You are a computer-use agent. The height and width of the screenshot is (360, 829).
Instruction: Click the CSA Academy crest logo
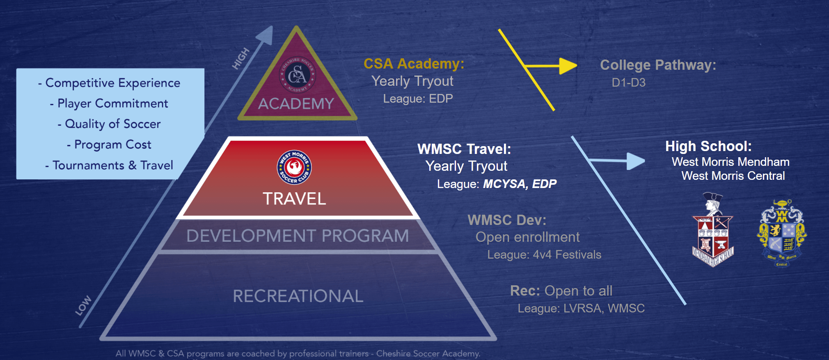[297, 75]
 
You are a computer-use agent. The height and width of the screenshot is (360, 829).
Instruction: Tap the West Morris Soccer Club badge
[294, 167]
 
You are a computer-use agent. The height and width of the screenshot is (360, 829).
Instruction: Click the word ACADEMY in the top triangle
[296, 103]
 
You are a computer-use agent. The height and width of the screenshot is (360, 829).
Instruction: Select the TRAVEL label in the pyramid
[294, 199]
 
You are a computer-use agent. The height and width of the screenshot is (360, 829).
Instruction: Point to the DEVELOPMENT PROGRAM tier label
[298, 236]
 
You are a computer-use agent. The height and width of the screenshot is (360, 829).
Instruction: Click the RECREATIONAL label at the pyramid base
[298, 296]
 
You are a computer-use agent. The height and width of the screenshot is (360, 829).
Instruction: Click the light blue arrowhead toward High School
[636, 161]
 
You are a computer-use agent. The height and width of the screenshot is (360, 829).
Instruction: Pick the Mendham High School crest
[713, 229]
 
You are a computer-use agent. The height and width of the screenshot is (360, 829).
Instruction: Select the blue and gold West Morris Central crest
[782, 233]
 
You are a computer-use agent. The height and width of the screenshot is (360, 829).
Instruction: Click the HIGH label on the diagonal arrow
[240, 58]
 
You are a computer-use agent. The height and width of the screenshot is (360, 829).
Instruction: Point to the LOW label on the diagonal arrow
[83, 305]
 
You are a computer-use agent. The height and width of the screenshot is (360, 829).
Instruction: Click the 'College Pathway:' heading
[658, 65]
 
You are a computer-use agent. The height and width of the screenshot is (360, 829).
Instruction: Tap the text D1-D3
[628, 83]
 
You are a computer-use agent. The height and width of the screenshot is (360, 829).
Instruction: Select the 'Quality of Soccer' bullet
[109, 124]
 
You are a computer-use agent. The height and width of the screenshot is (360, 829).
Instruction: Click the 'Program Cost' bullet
[109, 144]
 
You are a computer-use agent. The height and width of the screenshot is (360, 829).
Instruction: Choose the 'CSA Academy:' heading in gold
[414, 64]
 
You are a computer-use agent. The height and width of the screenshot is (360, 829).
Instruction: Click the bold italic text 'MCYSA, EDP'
[520, 184]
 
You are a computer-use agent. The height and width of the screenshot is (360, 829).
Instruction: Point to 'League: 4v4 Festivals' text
[544, 255]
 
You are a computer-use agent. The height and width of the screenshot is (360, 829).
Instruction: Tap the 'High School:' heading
[708, 146]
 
